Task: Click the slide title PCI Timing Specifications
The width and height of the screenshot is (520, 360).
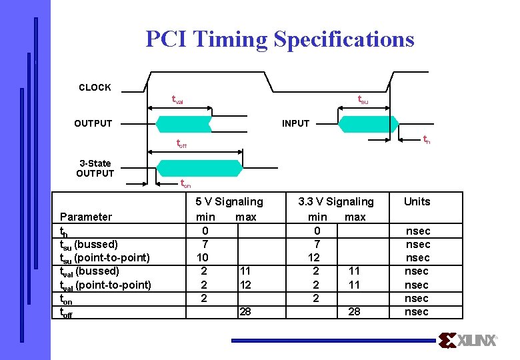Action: tap(280, 39)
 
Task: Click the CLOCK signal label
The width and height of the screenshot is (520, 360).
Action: tap(95, 87)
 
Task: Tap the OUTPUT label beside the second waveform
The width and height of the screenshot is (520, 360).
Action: tap(93, 123)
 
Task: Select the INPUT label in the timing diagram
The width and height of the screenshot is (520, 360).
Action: tap(295, 123)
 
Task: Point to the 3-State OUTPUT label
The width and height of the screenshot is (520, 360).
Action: tap(95, 168)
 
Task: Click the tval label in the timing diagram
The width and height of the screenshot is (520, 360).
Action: tap(177, 100)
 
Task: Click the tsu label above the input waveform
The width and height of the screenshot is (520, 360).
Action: tap(363, 100)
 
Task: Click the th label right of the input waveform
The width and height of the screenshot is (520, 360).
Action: tap(427, 139)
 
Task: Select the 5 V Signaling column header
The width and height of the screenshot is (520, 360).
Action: tap(229, 201)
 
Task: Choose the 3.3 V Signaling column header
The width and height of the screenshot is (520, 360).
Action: tap(336, 201)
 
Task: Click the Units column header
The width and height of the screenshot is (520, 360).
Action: tap(417, 201)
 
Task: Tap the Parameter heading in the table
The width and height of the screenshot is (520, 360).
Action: tap(86, 217)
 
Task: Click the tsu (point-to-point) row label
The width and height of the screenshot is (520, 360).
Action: tap(105, 257)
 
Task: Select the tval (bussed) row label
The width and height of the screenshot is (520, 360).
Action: tap(89, 271)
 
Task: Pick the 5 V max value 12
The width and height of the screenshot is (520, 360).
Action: tap(245, 285)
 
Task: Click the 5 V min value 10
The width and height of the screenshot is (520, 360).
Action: tap(203, 257)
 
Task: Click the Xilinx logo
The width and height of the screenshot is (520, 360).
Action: tap(469, 341)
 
